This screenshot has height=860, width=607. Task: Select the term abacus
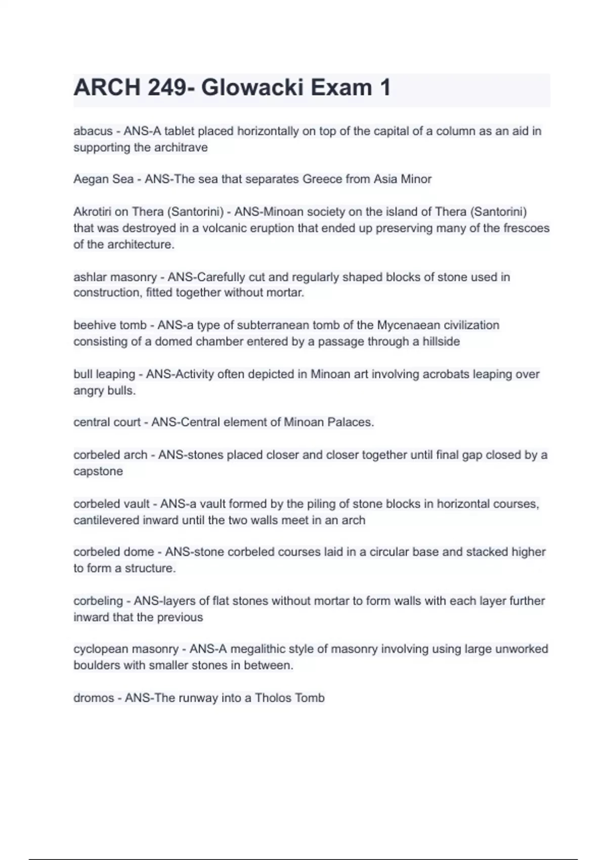tap(93, 132)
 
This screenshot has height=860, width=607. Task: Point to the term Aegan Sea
tap(103, 179)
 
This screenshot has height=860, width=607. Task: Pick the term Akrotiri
tap(93, 211)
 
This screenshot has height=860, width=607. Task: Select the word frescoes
tap(526, 228)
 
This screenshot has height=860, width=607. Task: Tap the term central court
tap(107, 422)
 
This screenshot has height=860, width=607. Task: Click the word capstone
tap(98, 471)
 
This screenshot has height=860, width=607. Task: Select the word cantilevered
tap(107, 521)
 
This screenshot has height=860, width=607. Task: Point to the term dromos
tap(94, 698)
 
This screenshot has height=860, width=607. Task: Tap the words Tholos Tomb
tap(289, 698)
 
